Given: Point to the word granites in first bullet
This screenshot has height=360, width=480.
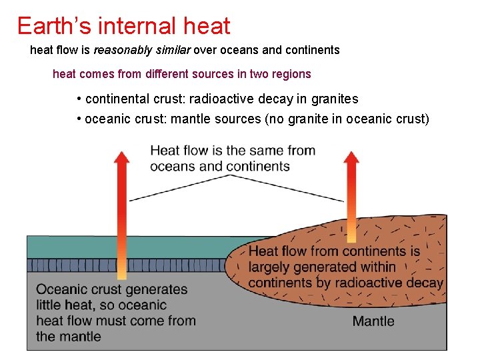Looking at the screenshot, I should pyautogui.click(x=334, y=99).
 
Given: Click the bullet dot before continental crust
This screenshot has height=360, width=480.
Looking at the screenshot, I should pyautogui.click(x=79, y=99).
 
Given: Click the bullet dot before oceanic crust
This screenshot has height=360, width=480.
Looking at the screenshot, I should pyautogui.click(x=79, y=119).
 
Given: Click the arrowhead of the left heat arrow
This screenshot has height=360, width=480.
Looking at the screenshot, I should pyautogui.click(x=121, y=159).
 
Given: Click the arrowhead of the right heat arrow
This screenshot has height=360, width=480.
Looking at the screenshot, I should pyautogui.click(x=351, y=159).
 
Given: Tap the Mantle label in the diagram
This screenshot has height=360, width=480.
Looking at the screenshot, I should pyautogui.click(x=373, y=321).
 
